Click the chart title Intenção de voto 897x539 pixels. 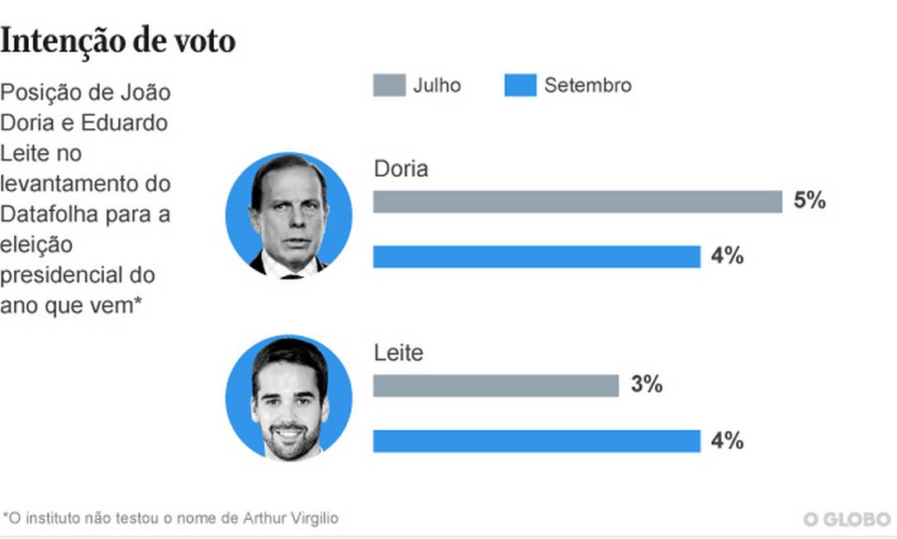[x=118, y=41]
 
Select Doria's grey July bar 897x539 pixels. [x=577, y=202]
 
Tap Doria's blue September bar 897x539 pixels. [x=536, y=257]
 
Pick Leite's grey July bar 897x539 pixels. [x=496, y=385]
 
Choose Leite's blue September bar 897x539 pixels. [x=536, y=441]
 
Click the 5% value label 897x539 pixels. [x=809, y=201]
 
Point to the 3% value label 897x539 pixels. [x=646, y=384]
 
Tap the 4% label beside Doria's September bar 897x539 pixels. [x=727, y=256]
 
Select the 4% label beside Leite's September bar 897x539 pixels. [x=727, y=441]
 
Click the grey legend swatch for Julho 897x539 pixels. [x=389, y=85]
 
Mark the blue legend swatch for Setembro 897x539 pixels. [x=520, y=85]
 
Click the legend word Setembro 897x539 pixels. [x=587, y=85]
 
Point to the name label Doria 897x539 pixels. [x=401, y=169]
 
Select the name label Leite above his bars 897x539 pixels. [x=398, y=353]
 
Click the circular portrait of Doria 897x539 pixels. [x=289, y=215]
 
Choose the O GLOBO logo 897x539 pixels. [x=847, y=518]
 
